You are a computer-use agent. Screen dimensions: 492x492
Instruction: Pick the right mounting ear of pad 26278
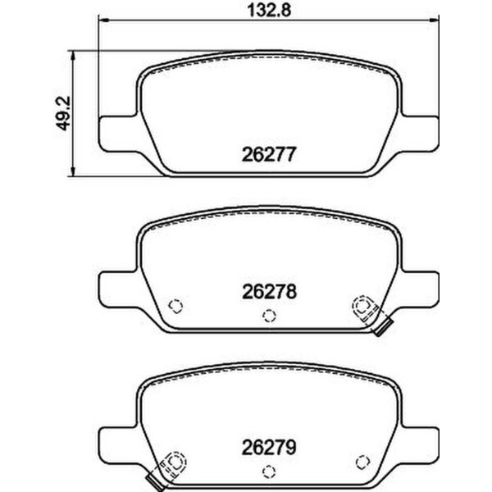[419, 286]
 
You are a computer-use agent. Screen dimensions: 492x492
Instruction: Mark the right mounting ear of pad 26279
[419, 444]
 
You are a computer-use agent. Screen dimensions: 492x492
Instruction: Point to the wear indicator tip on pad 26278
[381, 330]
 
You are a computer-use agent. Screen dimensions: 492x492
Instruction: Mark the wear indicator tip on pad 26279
[151, 485]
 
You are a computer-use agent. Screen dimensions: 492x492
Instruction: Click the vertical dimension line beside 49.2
[75, 114]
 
